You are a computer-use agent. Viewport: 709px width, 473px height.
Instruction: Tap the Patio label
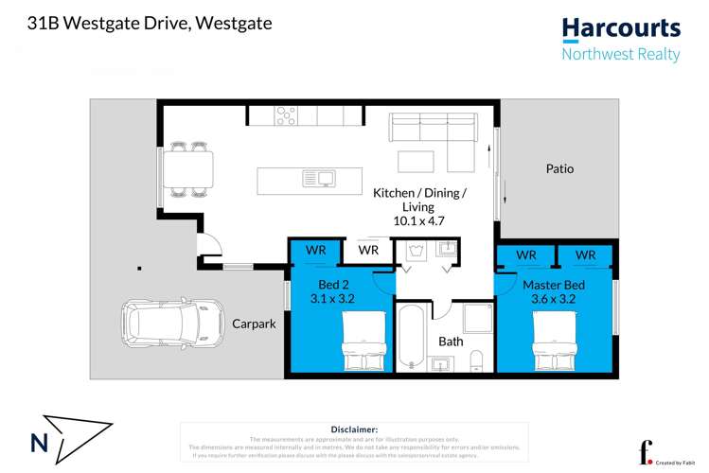pyautogui.click(x=559, y=169)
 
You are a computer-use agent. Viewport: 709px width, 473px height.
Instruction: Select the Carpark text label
pyautogui.click(x=254, y=324)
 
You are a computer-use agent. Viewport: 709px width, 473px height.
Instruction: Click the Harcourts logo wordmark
pyautogui.click(x=620, y=29)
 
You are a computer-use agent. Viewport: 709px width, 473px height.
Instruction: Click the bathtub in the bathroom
pyautogui.click(x=412, y=337)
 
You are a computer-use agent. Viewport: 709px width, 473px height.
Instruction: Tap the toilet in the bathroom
pyautogui.click(x=476, y=360)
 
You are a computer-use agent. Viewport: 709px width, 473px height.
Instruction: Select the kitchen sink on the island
pyautogui.click(x=319, y=178)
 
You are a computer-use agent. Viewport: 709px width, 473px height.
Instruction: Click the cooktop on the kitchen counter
pyautogui.click(x=286, y=115)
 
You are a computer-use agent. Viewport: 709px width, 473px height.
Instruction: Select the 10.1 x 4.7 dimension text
pyautogui.click(x=418, y=220)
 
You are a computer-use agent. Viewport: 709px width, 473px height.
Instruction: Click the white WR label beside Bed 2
pyautogui.click(x=368, y=251)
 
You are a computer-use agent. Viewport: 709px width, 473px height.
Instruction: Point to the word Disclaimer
pyautogui.click(x=354, y=429)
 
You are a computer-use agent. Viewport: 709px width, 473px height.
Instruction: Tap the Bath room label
pyautogui.click(x=451, y=341)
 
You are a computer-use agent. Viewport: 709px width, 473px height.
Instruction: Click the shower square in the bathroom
pyautogui.click(x=477, y=319)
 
